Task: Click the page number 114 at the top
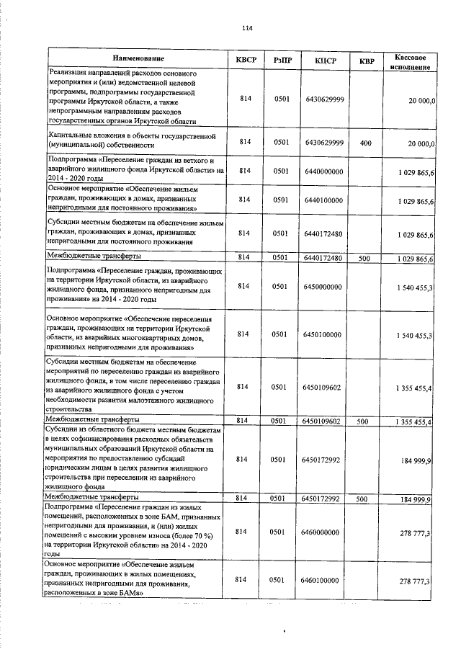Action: (248, 28)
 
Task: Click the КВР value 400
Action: (365, 143)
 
